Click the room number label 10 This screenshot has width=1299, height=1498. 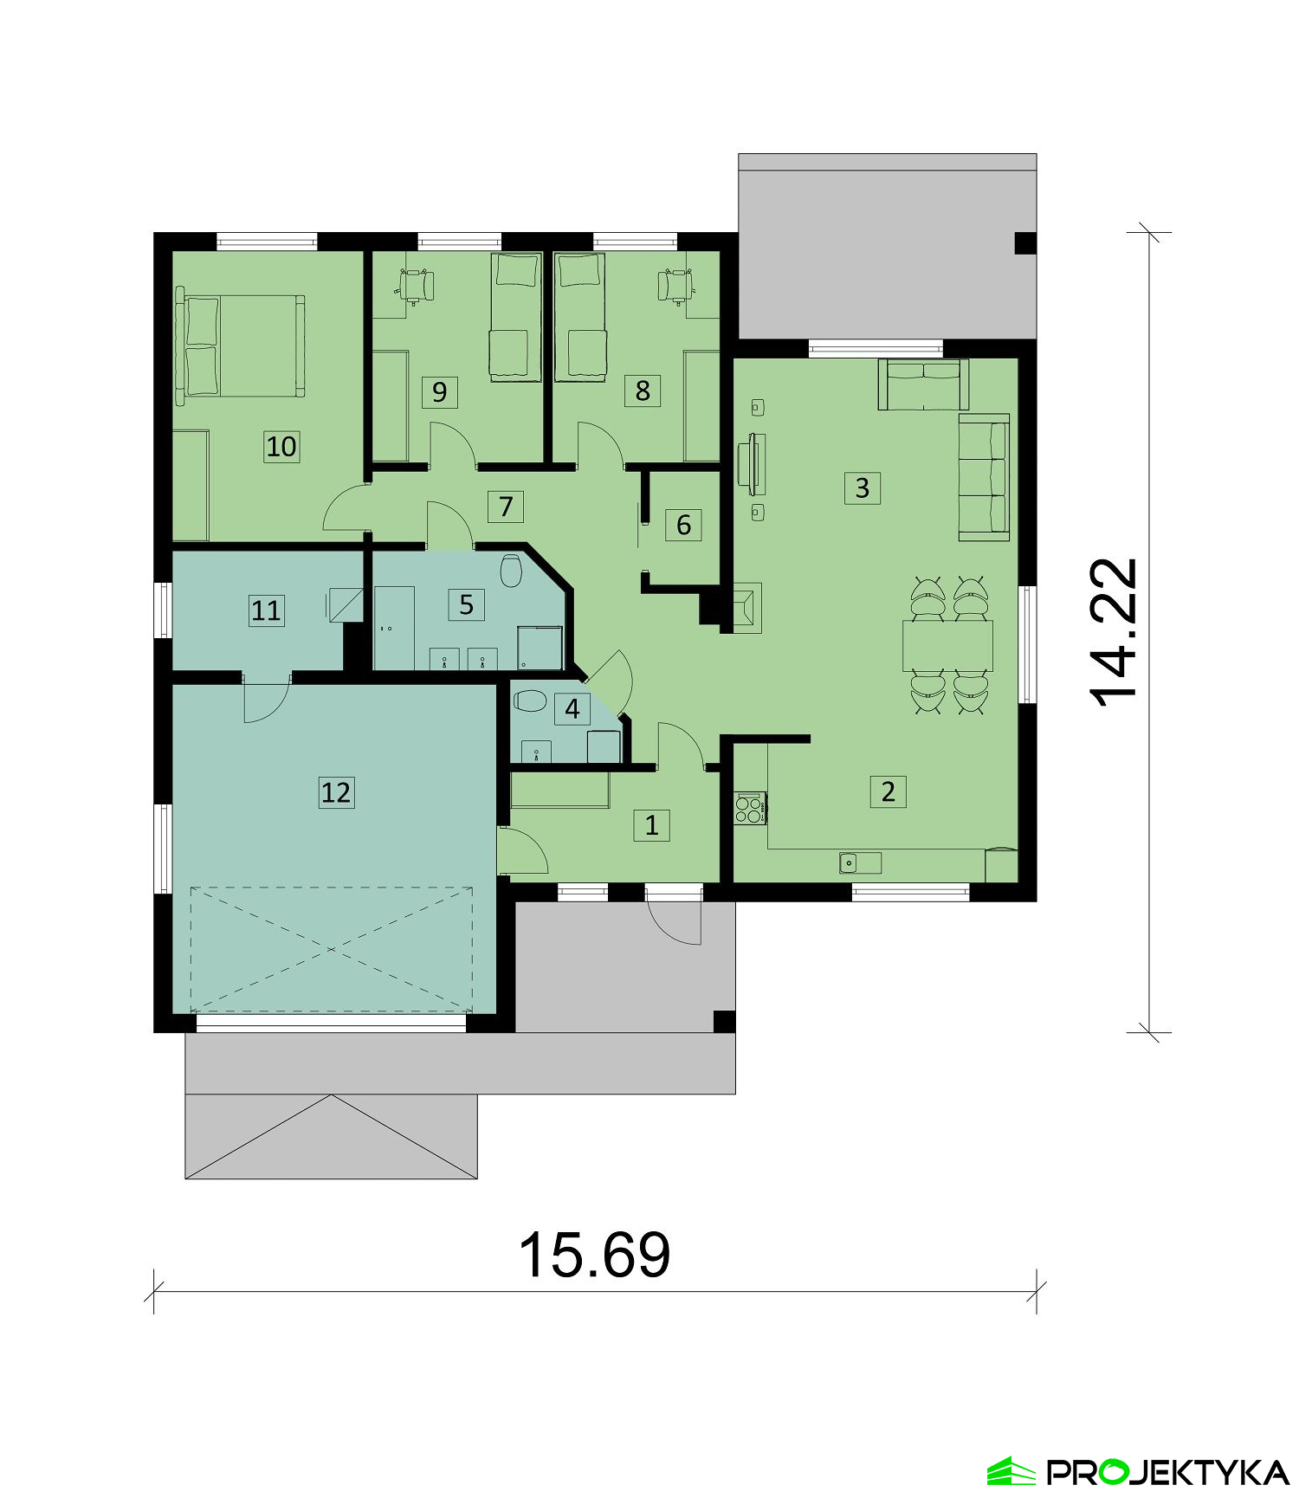[x=281, y=447]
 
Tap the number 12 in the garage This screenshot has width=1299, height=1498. [x=336, y=791]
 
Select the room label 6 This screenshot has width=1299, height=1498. [x=683, y=524]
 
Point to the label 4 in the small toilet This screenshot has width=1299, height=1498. [x=572, y=709]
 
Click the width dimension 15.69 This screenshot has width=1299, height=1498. [x=594, y=1255]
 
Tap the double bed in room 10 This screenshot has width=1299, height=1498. [x=241, y=345]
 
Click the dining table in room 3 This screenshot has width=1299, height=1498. [x=947, y=645]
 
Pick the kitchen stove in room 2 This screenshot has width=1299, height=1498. [x=750, y=808]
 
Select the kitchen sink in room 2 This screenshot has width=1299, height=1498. [x=860, y=862]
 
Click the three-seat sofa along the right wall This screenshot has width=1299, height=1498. [x=984, y=476]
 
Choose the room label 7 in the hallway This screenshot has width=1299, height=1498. [x=506, y=506]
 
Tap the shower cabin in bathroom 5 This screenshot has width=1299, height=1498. [x=540, y=648]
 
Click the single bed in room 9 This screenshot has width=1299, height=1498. [x=515, y=317]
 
